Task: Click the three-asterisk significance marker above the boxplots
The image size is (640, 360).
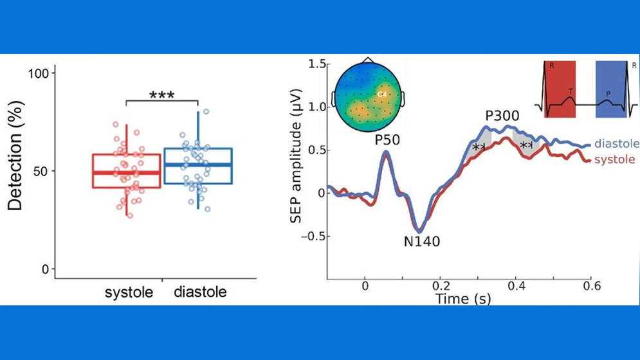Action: click(161, 96)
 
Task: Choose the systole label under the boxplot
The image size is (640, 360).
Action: click(129, 292)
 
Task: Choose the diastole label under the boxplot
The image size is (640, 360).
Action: click(200, 292)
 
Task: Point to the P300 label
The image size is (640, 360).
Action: click(503, 116)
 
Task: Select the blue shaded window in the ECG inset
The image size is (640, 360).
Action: click(610, 90)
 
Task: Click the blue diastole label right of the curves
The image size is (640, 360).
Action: click(616, 143)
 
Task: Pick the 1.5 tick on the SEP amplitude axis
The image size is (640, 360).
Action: click(315, 64)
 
